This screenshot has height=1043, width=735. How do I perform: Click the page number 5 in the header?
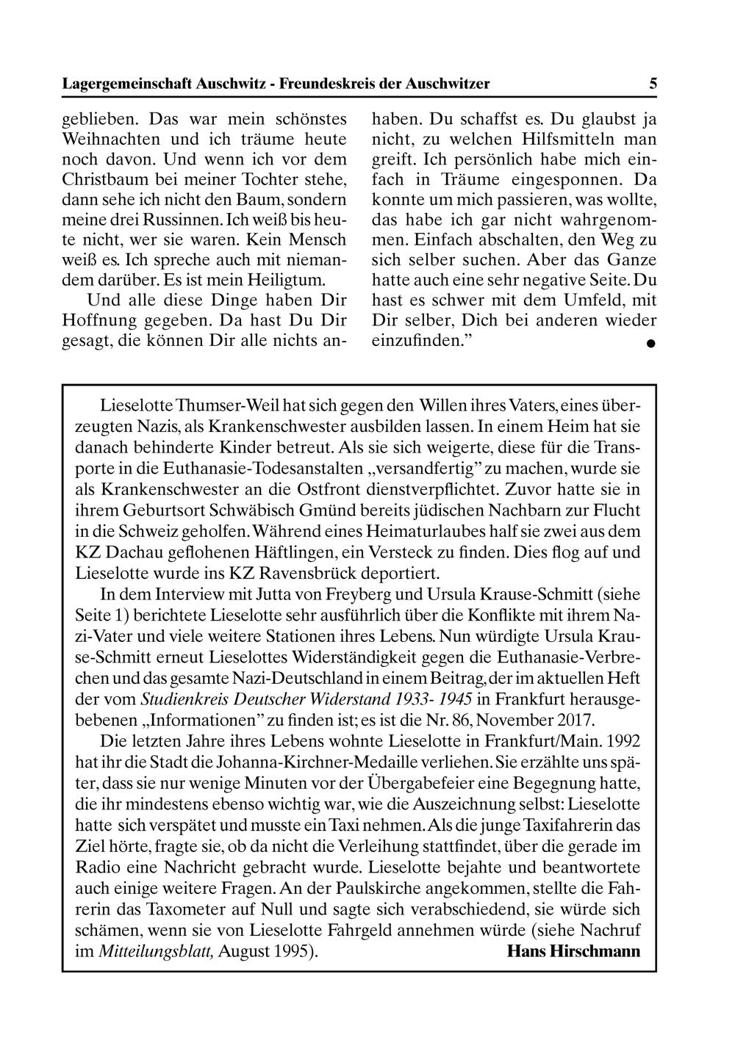(653, 84)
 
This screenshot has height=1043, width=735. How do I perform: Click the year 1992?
(623, 738)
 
